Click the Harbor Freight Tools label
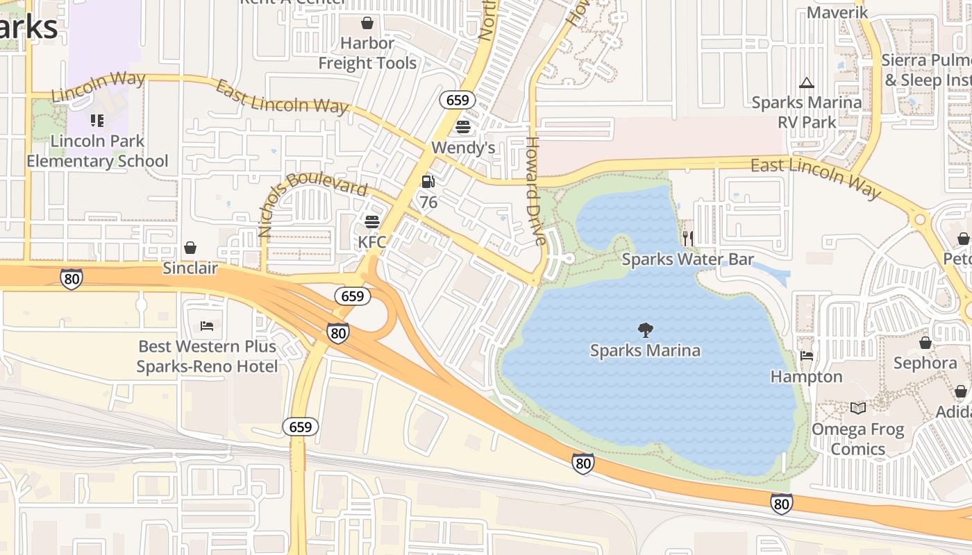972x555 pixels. pos(367,53)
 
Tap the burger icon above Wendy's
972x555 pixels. pos(463,127)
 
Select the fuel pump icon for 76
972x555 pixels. pos(428,182)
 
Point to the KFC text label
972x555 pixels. pos(371,242)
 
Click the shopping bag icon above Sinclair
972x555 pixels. pos(190,248)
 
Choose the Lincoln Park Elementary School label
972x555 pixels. pos(97,151)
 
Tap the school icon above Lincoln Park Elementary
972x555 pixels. pos(97,121)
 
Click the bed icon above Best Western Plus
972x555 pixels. pos(207,325)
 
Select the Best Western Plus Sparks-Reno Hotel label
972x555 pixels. pos(207,357)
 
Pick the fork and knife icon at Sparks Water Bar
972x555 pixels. pos(687,239)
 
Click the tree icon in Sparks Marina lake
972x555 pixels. pos(645,330)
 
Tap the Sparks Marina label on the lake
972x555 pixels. pos(645,350)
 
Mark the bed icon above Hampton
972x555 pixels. pos(806,356)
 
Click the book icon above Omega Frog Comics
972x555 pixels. pos(858,409)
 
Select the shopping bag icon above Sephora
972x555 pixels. pos(925,343)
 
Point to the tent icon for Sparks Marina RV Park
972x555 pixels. pos(806,83)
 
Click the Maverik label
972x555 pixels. pos(837,12)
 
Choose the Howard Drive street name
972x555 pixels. pos(534,191)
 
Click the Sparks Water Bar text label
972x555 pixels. pos(687,259)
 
